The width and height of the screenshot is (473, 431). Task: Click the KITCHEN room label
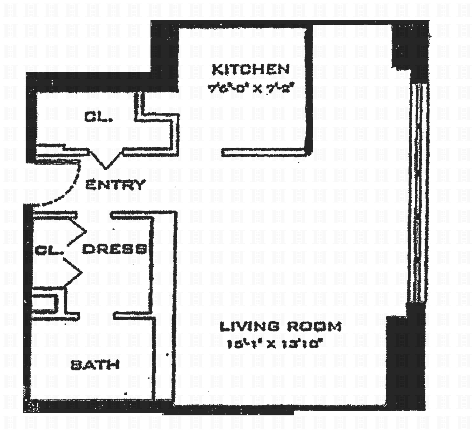coord(250,70)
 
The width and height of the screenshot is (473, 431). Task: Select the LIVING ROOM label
coord(281,326)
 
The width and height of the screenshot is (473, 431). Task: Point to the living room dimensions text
coord(273,344)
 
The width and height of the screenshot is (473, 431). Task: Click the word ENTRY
coord(115,185)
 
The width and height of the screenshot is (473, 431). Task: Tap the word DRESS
coord(114,249)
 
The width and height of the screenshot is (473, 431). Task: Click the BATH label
coord(95,365)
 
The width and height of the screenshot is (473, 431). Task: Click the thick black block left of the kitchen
coord(165,53)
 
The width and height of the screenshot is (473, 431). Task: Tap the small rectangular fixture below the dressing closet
coord(44,303)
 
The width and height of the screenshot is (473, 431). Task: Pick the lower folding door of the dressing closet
coord(74,271)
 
